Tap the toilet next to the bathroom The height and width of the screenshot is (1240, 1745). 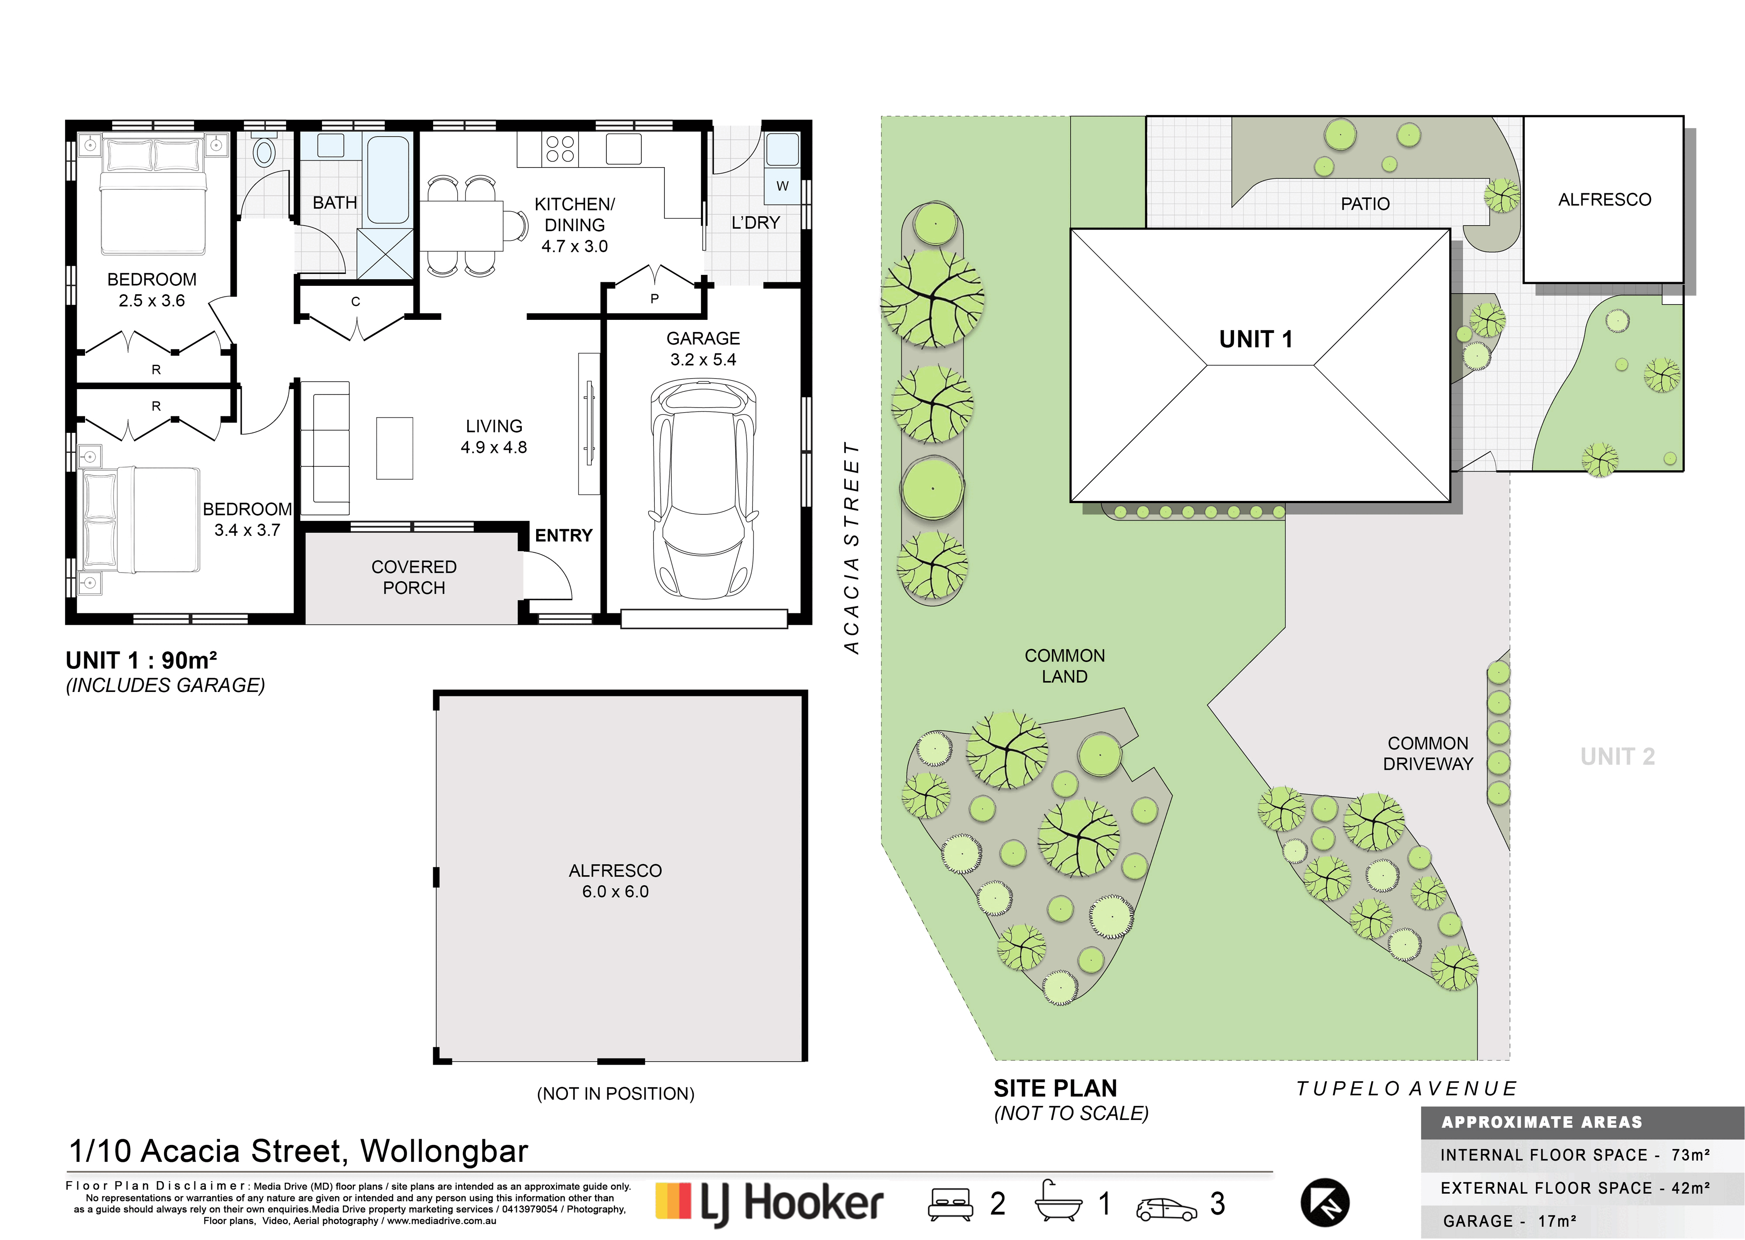click(264, 151)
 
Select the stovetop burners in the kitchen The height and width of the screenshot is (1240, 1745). click(560, 149)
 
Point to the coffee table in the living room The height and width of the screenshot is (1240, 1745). click(395, 448)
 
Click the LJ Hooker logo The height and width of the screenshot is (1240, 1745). click(770, 1203)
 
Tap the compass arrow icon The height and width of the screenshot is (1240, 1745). click(1325, 1202)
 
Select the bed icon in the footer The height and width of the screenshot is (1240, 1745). click(950, 1204)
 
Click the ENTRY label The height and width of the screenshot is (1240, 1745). click(563, 536)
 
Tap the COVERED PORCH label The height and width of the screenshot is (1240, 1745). click(414, 577)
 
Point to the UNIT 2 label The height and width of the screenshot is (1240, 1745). click(1618, 757)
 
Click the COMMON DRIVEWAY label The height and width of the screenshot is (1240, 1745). click(1427, 754)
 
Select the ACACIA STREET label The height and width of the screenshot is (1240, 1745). click(852, 548)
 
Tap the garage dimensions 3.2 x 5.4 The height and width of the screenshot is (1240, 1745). click(703, 360)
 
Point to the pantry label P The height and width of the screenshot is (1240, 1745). click(654, 298)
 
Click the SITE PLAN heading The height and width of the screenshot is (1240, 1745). click(1055, 1088)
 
